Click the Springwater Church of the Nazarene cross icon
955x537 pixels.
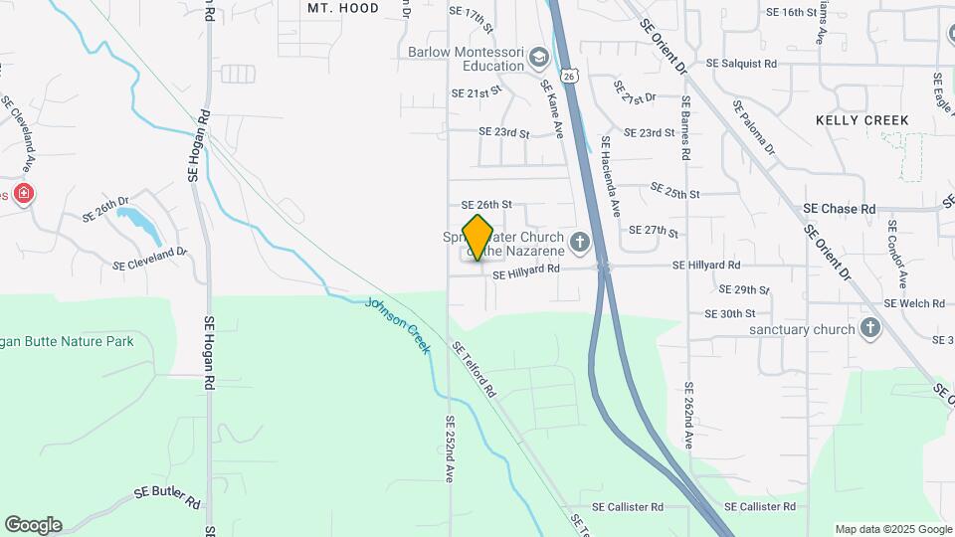(579, 242)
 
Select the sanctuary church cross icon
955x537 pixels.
(870, 328)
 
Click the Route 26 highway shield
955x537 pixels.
(567, 75)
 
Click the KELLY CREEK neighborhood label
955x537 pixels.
(861, 120)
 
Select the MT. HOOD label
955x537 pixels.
(343, 8)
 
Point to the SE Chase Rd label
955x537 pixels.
(839, 209)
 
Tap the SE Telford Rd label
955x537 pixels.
(474, 370)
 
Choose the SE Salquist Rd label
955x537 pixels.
(741, 63)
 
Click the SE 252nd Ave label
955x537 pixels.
(450, 449)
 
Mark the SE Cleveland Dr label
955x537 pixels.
(149, 260)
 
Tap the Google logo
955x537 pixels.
(33, 525)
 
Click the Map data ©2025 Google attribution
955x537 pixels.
(892, 529)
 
